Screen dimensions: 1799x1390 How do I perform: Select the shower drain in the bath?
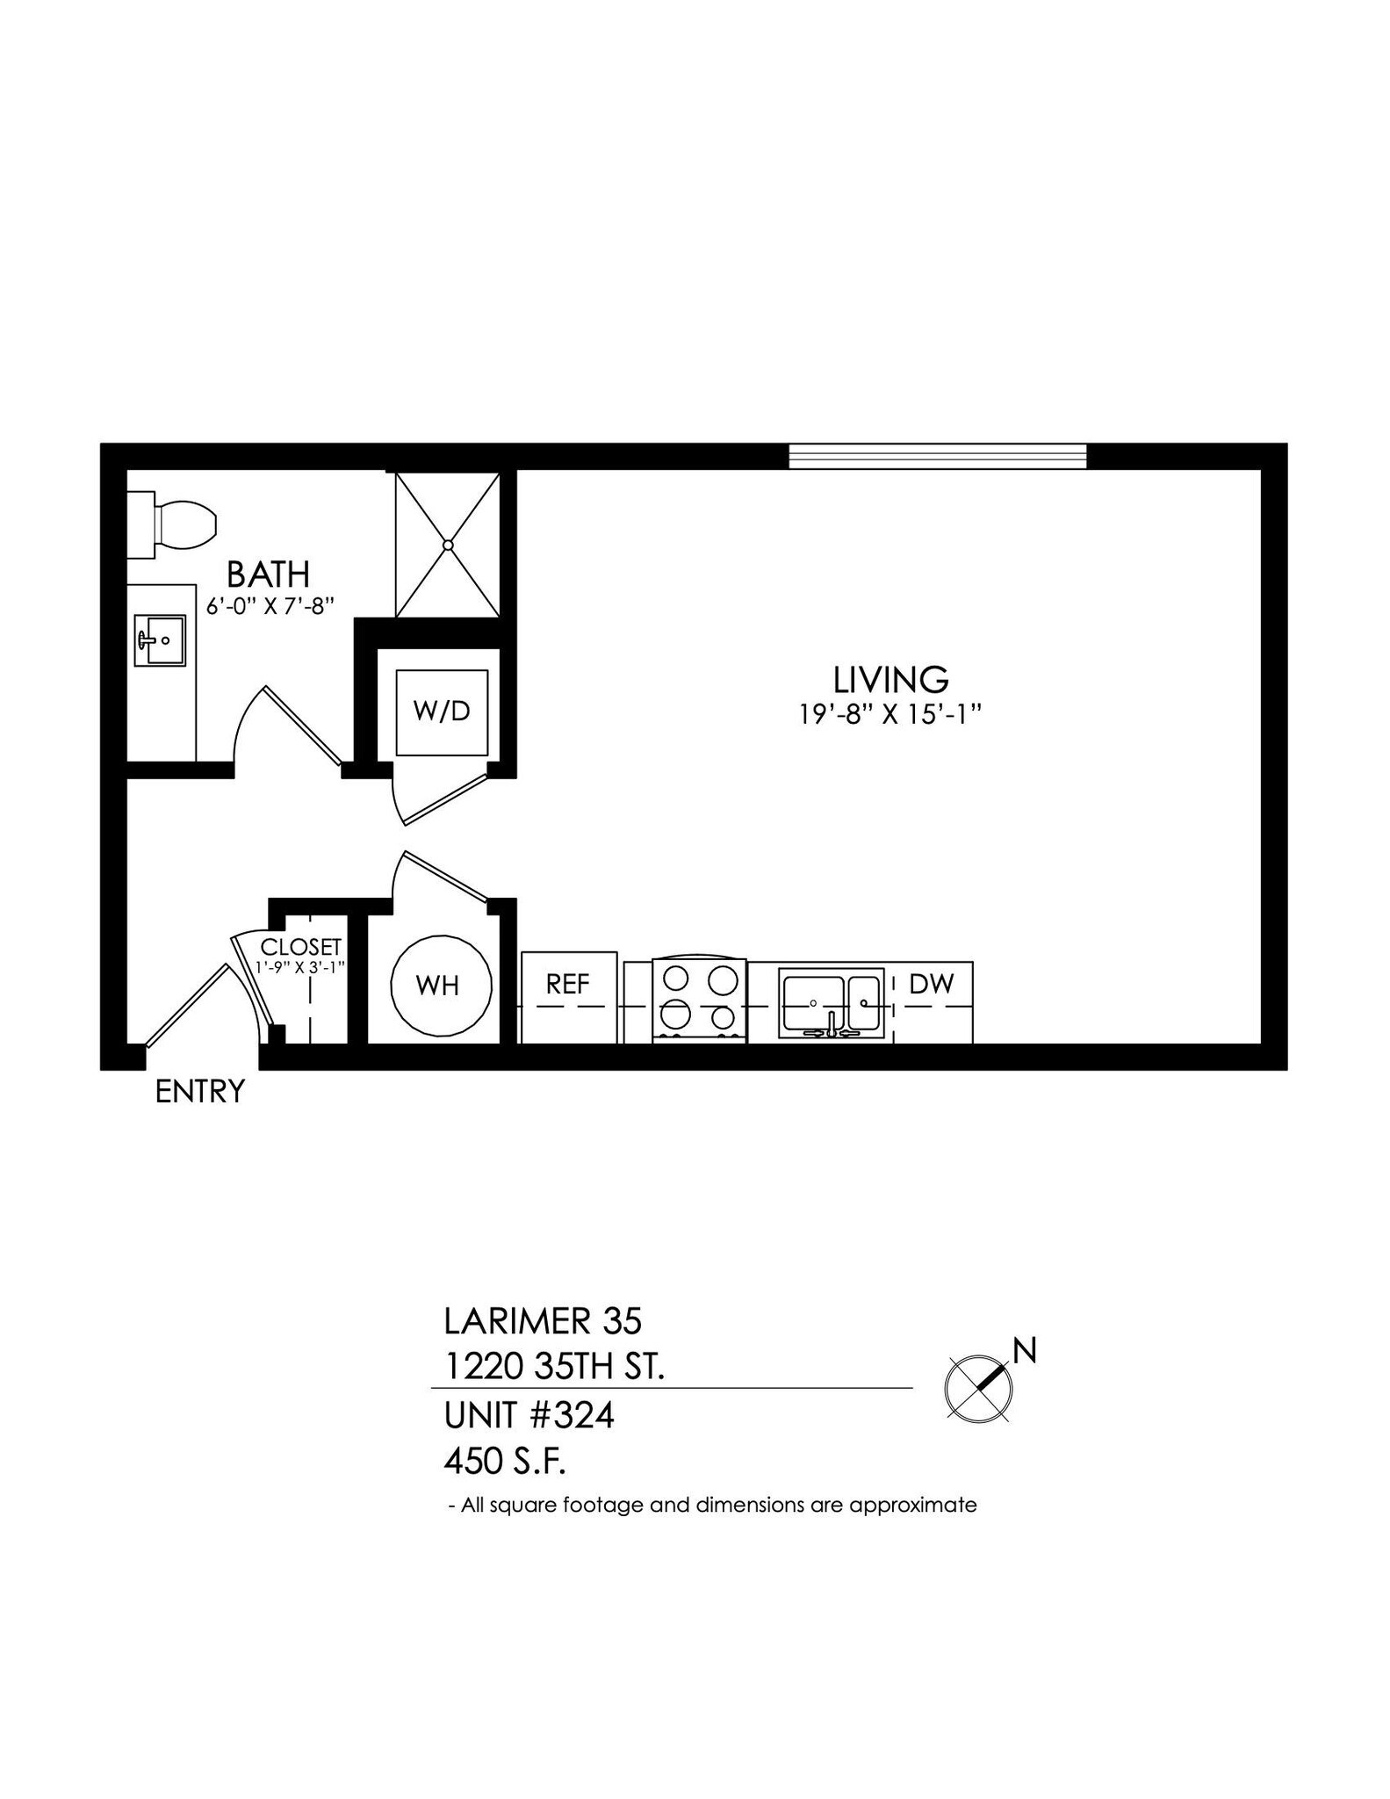[x=448, y=545]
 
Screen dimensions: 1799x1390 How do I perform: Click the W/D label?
[x=442, y=711]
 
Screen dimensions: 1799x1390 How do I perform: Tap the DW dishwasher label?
[x=931, y=984]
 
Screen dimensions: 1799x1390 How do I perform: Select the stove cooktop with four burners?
[x=700, y=1000]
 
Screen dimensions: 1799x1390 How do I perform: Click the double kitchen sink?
[x=831, y=1004]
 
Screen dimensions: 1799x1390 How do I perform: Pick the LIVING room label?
[x=890, y=679]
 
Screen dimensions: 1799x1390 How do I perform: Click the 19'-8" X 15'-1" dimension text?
[x=889, y=715]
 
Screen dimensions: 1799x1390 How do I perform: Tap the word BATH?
[x=268, y=574]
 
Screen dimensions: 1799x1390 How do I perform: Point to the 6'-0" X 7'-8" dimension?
[x=270, y=606]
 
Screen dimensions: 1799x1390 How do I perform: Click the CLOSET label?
[x=301, y=947]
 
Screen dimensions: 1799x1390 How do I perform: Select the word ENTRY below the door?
[x=199, y=1092]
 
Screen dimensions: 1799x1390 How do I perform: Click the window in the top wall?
[x=937, y=456]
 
